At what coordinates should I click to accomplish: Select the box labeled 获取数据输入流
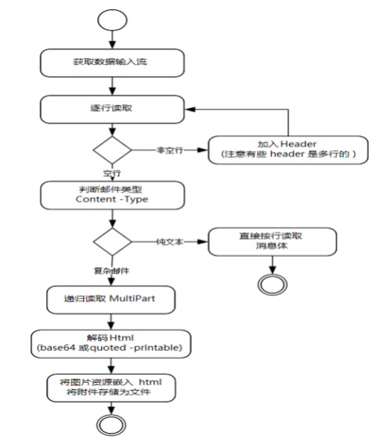click(x=114, y=60)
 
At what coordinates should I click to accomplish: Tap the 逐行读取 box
click(x=114, y=109)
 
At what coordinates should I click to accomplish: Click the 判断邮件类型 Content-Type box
click(x=114, y=194)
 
